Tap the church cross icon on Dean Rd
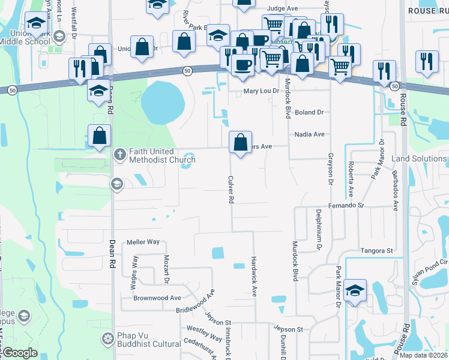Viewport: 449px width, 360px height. (119, 155)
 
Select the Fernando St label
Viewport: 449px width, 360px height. (346, 205)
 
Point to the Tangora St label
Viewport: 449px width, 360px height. (376, 250)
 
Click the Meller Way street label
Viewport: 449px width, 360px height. (143, 242)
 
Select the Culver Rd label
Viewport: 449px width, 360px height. (231, 189)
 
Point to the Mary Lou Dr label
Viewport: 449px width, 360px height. (262, 91)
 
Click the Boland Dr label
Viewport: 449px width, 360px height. (309, 112)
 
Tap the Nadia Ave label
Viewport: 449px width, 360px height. (309, 134)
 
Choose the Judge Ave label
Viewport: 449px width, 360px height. (283, 9)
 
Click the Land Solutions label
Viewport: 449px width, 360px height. (419, 159)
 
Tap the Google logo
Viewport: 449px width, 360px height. (20, 353)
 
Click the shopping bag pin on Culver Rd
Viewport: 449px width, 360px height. (240, 143)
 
